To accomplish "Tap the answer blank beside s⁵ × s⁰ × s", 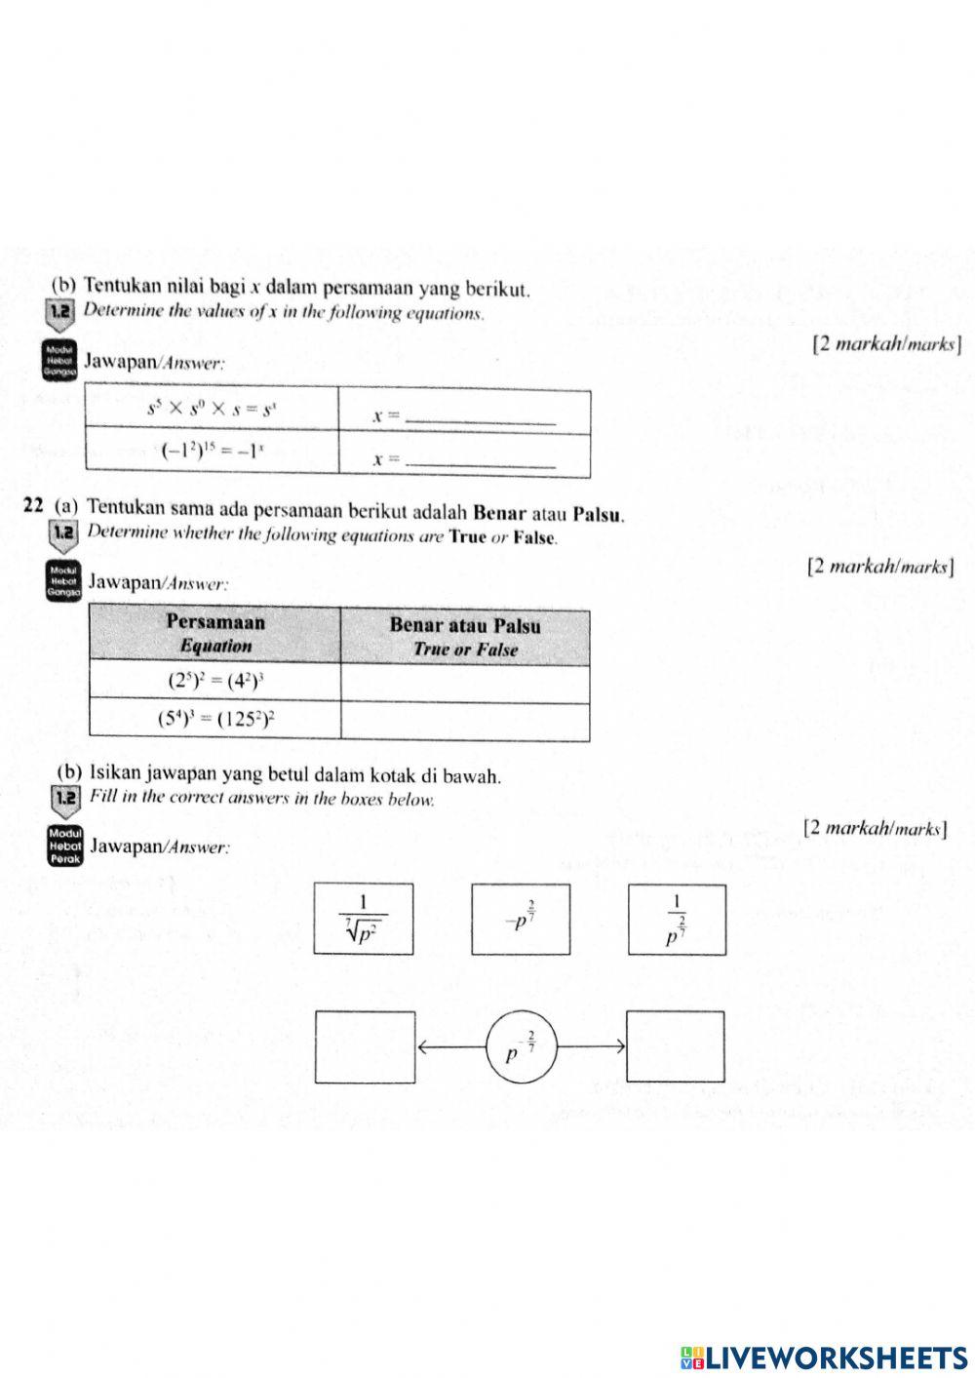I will click(479, 417).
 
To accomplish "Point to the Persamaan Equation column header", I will click(215, 634).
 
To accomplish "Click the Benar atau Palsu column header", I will click(465, 636).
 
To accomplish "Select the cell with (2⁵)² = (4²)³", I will click(215, 681).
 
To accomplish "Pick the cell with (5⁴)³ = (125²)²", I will click(215, 721).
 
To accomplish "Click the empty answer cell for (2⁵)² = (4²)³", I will click(465, 682).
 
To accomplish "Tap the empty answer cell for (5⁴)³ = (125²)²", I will click(465, 722).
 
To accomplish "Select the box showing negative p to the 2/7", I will click(521, 919).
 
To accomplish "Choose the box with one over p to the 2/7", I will click(677, 919).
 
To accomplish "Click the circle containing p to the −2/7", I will click(521, 1047).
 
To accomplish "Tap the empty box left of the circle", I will click(365, 1047).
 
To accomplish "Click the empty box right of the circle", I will click(675, 1047).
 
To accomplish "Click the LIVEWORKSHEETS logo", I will click(824, 1357).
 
